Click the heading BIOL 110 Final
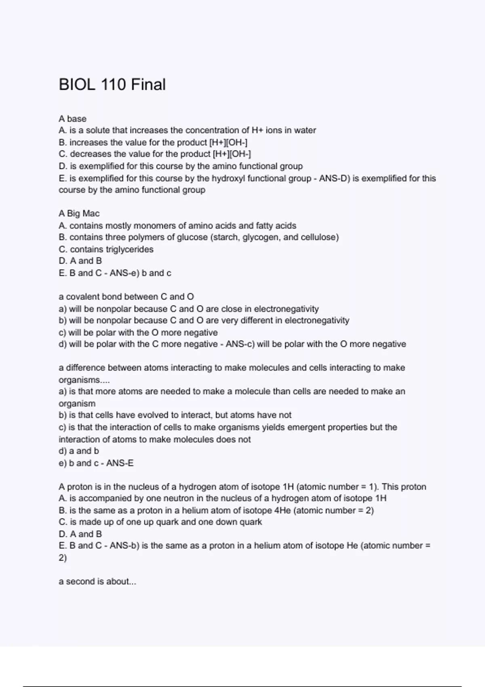click(112, 84)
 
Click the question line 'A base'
click(72, 119)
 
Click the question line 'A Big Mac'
click(79, 213)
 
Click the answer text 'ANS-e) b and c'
click(140, 273)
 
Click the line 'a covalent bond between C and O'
click(126, 297)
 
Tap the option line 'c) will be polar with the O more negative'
click(138, 333)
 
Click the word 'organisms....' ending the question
click(84, 380)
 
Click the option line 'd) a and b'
click(79, 451)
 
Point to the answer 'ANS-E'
click(120, 463)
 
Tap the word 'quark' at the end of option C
click(251, 522)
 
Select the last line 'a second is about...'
click(97, 582)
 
